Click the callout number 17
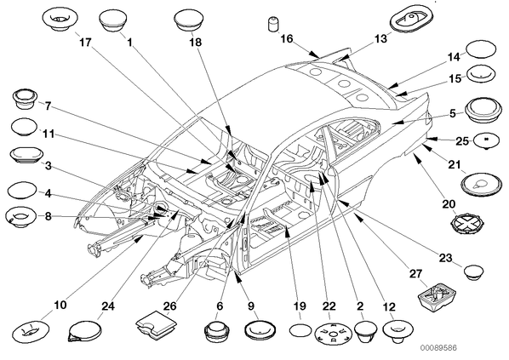coord(86,43)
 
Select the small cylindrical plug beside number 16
coord(273,25)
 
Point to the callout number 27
coord(415,274)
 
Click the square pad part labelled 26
coord(156,326)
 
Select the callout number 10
coord(60,306)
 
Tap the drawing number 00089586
coord(439,348)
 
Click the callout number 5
coord(453,113)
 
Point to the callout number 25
coord(462,141)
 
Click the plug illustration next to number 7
coord(25,100)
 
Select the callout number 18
coord(196,43)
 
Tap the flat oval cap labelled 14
coord(481,49)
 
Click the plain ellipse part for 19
coord(300,331)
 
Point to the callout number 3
coord(48,166)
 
